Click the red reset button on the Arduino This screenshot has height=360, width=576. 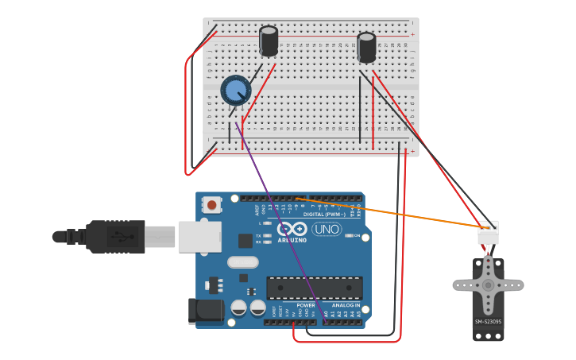point(211,205)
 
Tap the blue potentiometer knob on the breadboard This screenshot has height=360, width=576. point(235,91)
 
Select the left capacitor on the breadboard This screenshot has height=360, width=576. point(269,41)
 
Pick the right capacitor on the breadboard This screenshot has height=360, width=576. point(366,47)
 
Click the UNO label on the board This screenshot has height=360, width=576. point(326,230)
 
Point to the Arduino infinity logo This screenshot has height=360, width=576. point(292,230)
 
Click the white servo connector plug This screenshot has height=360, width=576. point(488,233)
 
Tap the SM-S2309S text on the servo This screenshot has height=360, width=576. point(488,322)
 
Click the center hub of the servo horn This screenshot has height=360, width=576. point(488,285)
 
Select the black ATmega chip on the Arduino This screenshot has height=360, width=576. point(315,288)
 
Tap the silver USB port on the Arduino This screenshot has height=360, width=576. point(199,236)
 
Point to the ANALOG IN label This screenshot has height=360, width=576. point(346,305)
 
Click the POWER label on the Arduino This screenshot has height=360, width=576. point(305,305)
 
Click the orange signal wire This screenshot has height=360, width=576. point(397,214)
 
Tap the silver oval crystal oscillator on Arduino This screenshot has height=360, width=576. point(242,262)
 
